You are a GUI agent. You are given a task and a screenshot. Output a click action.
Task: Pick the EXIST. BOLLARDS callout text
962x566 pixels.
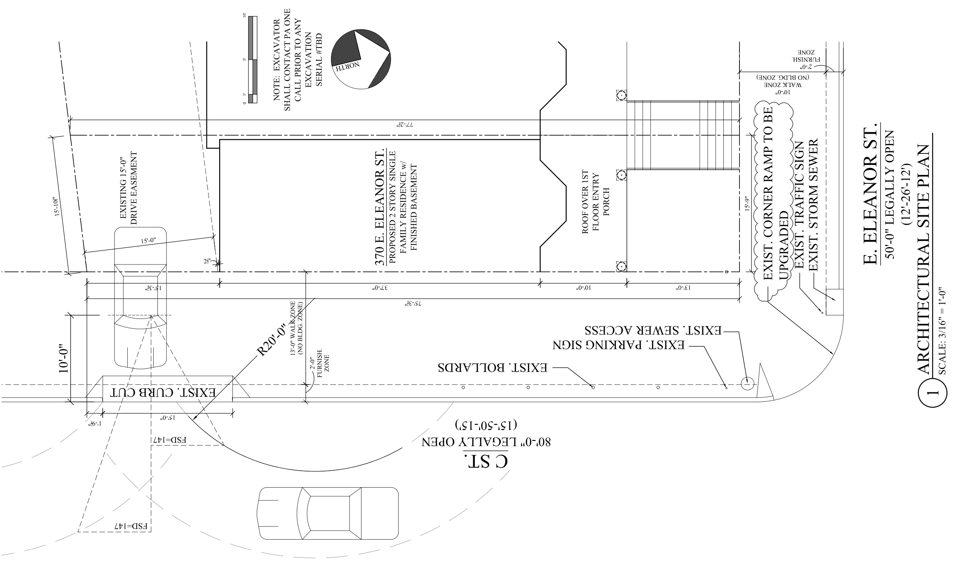coord(493,368)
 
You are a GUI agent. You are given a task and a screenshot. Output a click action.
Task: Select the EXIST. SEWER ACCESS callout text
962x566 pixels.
coord(653,331)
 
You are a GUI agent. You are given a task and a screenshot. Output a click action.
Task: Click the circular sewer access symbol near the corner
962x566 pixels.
coord(747,384)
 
